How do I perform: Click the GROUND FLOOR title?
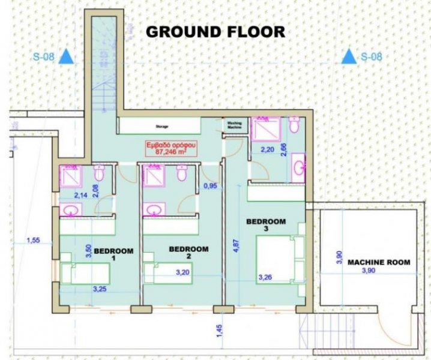216,32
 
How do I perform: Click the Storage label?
161,127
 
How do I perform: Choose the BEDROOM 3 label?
266,224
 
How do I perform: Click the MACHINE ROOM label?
379,262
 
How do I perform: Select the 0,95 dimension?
210,186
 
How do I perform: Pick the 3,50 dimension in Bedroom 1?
88,251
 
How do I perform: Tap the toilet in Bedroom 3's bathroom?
294,127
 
